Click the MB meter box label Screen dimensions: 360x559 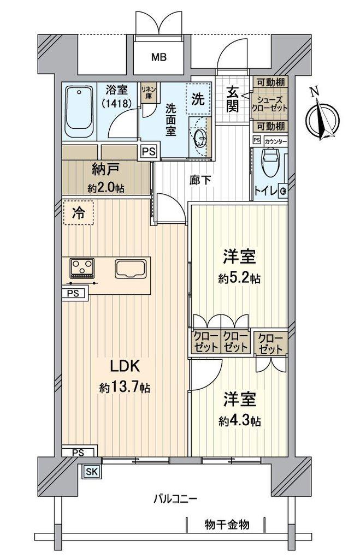(x=159, y=57)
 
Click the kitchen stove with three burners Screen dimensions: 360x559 (x=82, y=267)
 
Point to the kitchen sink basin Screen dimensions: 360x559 (x=131, y=269)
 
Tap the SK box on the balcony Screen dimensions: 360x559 (x=92, y=472)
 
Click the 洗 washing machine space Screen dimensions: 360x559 (x=198, y=99)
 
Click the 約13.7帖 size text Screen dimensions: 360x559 (x=125, y=388)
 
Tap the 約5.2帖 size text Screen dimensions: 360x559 (x=239, y=278)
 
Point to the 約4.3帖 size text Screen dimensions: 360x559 (x=240, y=421)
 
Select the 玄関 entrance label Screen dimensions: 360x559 (x=232, y=100)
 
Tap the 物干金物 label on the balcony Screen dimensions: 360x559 (x=227, y=525)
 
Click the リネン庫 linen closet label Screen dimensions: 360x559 (x=146, y=92)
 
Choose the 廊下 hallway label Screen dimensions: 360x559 (x=200, y=180)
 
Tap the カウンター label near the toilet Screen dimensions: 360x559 (x=276, y=141)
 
